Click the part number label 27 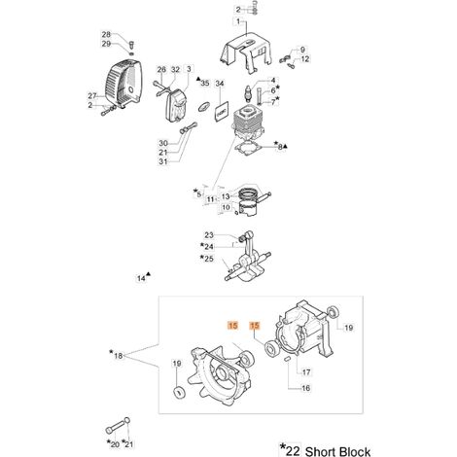(x=92, y=96)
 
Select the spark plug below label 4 (x=249, y=94)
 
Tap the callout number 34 (x=220, y=84)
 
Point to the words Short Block (x=337, y=451)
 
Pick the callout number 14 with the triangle (x=141, y=278)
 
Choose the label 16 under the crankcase (x=305, y=388)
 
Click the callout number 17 (x=306, y=372)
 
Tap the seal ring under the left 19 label (x=178, y=392)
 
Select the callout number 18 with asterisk (x=119, y=356)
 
